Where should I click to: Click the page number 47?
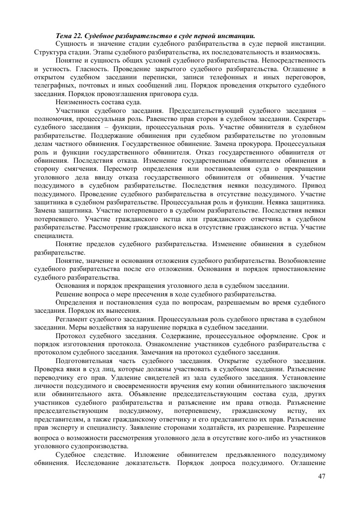coord(322,476)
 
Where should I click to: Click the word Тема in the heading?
coord(63,35)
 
